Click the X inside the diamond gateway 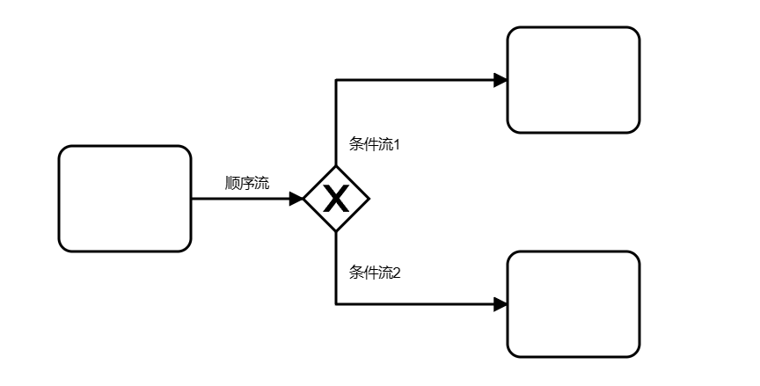pos(336,200)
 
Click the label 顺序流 pos(247,184)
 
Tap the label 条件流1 pos(375,144)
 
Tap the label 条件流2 pos(375,273)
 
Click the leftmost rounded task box pos(125,199)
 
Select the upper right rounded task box pos(574,80)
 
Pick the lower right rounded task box pos(574,304)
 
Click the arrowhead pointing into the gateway pos(296,199)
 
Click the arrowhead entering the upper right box pos(501,80)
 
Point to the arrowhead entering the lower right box pos(501,304)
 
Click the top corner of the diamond pos(336,167)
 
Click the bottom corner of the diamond pos(336,231)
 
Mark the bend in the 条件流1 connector pos(336,80)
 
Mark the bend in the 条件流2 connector pos(336,304)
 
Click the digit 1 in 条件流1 pos(397,144)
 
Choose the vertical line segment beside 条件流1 pos(336,123)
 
